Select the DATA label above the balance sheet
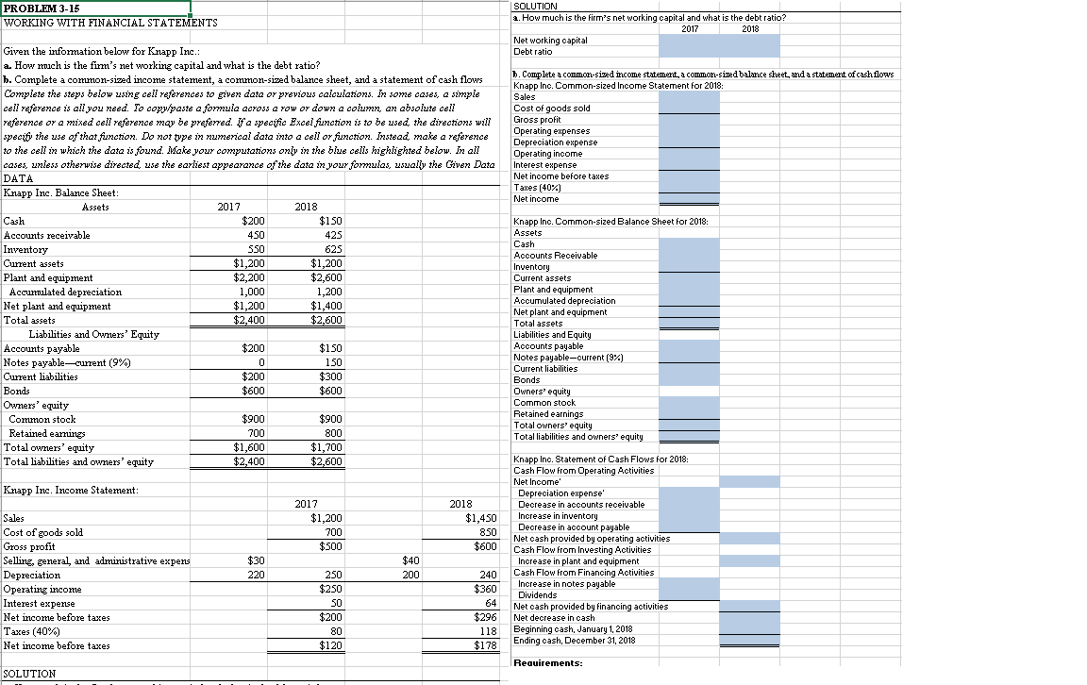(x=19, y=178)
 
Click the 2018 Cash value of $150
(x=326, y=221)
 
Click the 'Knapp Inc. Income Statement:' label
(x=71, y=490)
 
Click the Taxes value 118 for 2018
(x=488, y=631)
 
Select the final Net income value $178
(x=485, y=645)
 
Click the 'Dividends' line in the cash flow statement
(x=538, y=594)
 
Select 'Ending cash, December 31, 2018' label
(x=574, y=641)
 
